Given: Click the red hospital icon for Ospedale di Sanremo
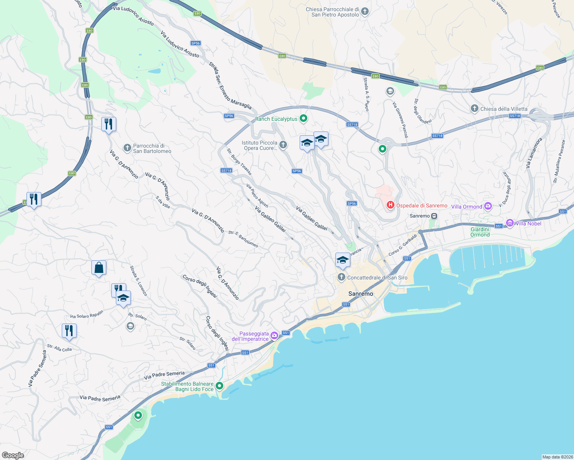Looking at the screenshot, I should tap(391, 205).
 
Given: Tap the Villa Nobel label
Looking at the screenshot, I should tap(528, 223).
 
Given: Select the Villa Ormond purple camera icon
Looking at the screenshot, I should tap(488, 206).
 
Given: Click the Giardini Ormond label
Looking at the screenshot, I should tap(480, 232).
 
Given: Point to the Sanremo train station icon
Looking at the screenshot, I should tap(434, 216).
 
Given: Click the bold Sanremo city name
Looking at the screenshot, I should tap(361, 294).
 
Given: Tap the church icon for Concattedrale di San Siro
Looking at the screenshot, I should tap(341, 277).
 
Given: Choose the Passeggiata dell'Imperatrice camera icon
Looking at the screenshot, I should tap(274, 336).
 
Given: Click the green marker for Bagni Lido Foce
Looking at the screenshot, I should tap(219, 386).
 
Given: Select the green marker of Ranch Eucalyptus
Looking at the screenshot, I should tap(303, 118).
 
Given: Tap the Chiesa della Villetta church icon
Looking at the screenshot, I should tap(475, 108).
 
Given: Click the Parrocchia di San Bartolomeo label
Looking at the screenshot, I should tap(152, 148).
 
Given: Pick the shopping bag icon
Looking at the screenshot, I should tap(99, 268).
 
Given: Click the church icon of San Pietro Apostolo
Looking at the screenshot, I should tap(365, 11).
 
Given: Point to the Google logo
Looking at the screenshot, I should tap(13, 455).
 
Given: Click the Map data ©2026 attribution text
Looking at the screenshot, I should tap(557, 457).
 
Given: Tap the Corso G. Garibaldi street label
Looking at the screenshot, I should tap(402, 245).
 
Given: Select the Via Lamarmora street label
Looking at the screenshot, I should tap(534, 153).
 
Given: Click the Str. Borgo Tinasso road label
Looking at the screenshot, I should tap(239, 162).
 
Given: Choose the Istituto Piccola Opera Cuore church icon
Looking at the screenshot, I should tap(283, 145).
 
